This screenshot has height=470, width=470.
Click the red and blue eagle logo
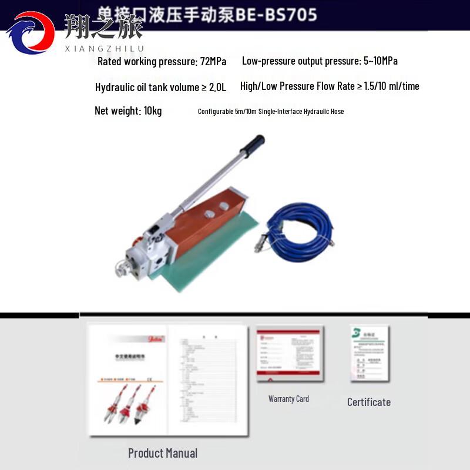click(x=31, y=33)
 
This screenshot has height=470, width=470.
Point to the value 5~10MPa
click(x=378, y=61)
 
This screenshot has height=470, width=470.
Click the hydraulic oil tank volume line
click(x=160, y=87)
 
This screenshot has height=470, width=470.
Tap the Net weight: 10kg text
click(x=128, y=111)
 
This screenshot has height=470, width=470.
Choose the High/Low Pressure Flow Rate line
click(x=330, y=86)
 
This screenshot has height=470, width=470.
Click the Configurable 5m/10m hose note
click(x=271, y=112)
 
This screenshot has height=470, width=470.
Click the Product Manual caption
click(x=163, y=453)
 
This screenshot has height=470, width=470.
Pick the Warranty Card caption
click(x=288, y=399)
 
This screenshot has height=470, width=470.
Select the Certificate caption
click(x=369, y=402)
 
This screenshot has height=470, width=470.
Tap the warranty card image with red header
click(x=288, y=355)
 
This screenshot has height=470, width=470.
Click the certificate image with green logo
click(x=370, y=353)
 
